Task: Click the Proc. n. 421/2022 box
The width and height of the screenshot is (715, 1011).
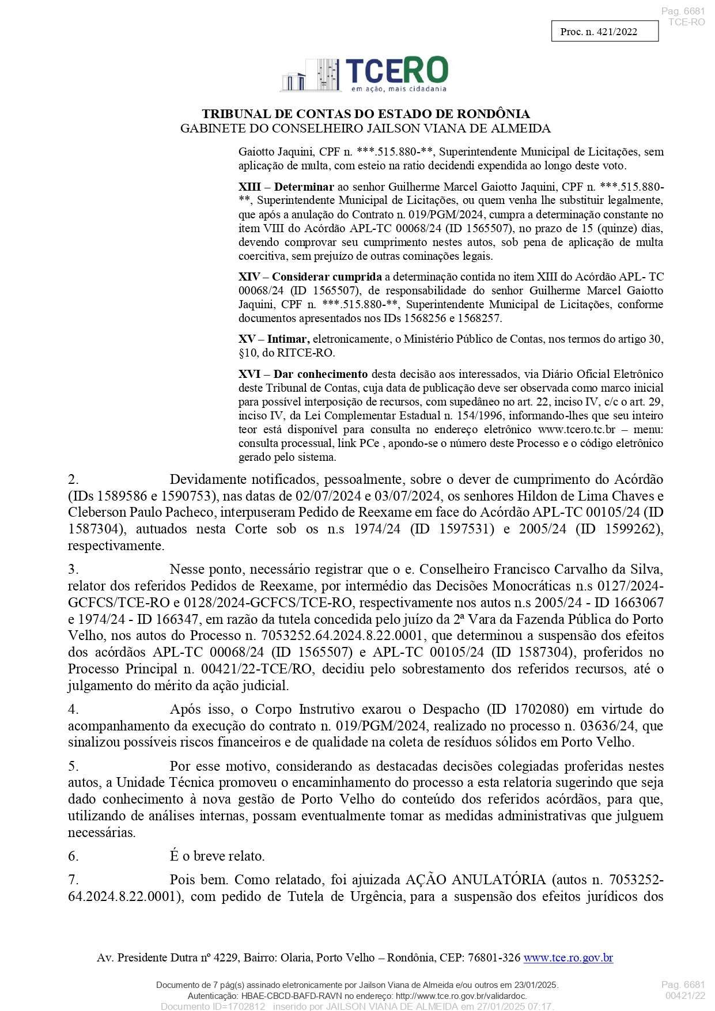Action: click(x=604, y=32)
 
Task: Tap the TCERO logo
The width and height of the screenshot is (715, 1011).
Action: click(x=365, y=74)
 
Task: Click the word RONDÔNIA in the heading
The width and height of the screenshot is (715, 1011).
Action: click(x=493, y=114)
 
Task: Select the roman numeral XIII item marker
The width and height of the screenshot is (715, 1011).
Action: click(x=249, y=187)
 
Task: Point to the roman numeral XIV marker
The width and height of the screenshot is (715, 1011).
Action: click(x=249, y=277)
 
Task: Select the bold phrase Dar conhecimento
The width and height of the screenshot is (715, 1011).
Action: click(x=320, y=374)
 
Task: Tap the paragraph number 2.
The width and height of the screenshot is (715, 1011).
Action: click(x=73, y=480)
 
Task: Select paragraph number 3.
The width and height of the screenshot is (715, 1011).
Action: click(x=73, y=570)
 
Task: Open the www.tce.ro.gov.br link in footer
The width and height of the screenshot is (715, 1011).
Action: click(x=568, y=958)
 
